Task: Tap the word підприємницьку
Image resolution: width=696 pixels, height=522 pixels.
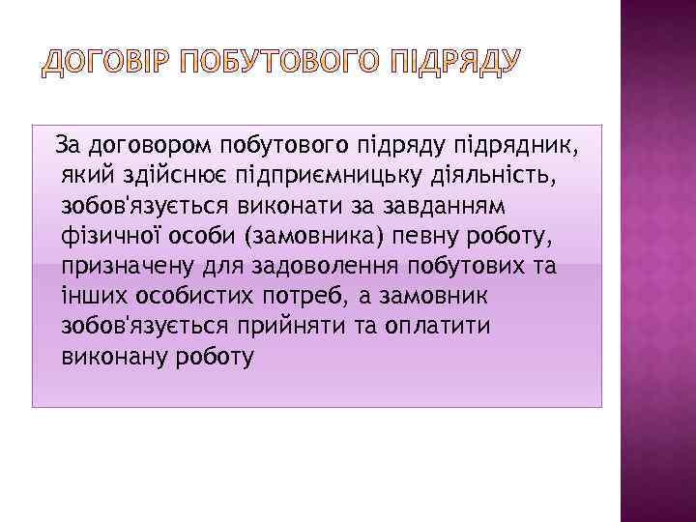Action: click(321, 177)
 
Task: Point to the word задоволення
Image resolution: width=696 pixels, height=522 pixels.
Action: click(326, 267)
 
